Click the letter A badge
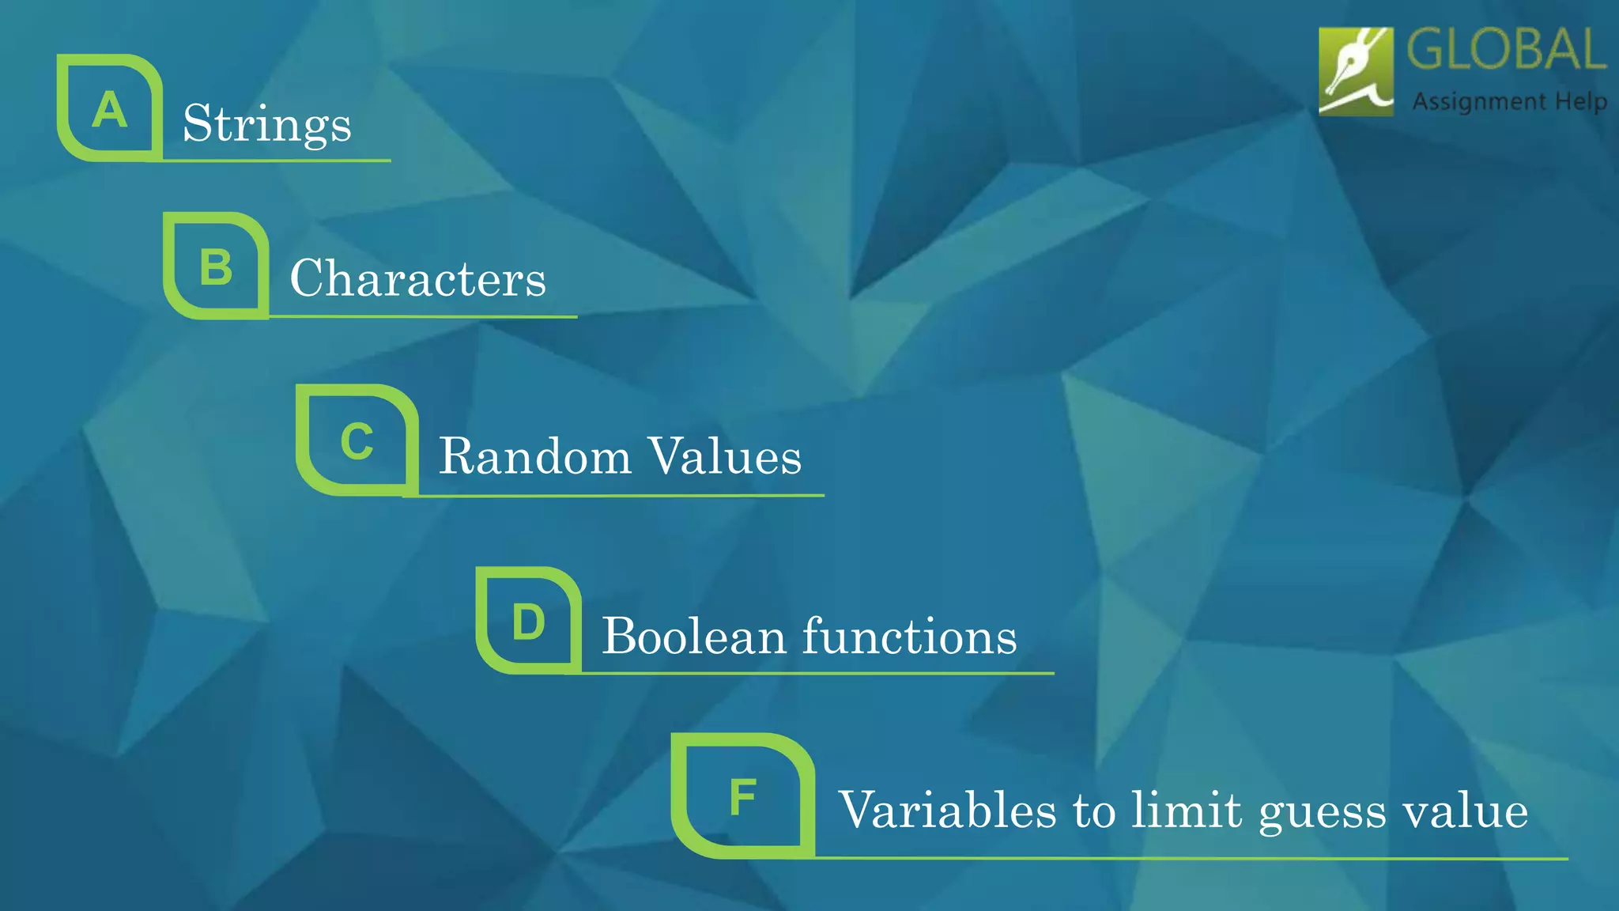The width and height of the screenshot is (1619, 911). (110, 108)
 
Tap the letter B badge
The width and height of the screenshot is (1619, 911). (216, 266)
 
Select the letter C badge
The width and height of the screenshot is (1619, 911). (357, 440)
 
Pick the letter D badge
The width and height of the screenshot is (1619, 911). (528, 621)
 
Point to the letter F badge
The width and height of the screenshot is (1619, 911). (742, 796)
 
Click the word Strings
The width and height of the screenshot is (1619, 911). (267, 124)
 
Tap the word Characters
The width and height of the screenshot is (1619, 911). (417, 278)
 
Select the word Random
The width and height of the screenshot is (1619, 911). (535, 456)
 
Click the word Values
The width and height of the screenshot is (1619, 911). (725, 456)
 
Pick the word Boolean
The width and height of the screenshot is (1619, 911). (693, 636)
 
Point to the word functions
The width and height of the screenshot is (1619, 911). (910, 636)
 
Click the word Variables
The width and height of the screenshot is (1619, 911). (947, 810)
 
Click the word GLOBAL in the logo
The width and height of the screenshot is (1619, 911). (1506, 49)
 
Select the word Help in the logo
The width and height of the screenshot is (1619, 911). (1581, 102)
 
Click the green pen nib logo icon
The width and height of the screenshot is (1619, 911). (1356, 72)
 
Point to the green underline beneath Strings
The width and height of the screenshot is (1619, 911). (277, 161)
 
